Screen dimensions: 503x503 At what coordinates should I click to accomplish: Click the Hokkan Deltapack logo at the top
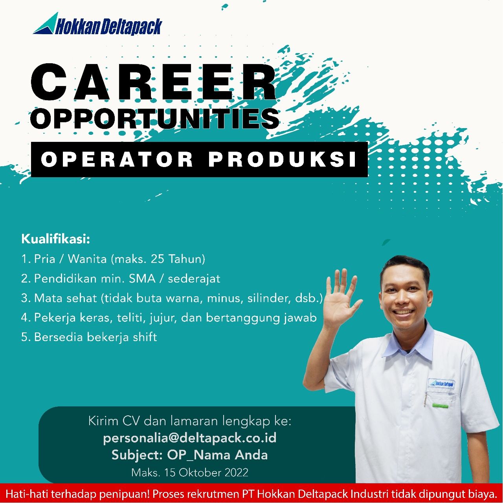click(97, 24)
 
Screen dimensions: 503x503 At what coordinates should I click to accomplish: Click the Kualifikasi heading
click(55, 239)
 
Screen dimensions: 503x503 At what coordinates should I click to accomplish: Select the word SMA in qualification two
click(142, 279)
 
